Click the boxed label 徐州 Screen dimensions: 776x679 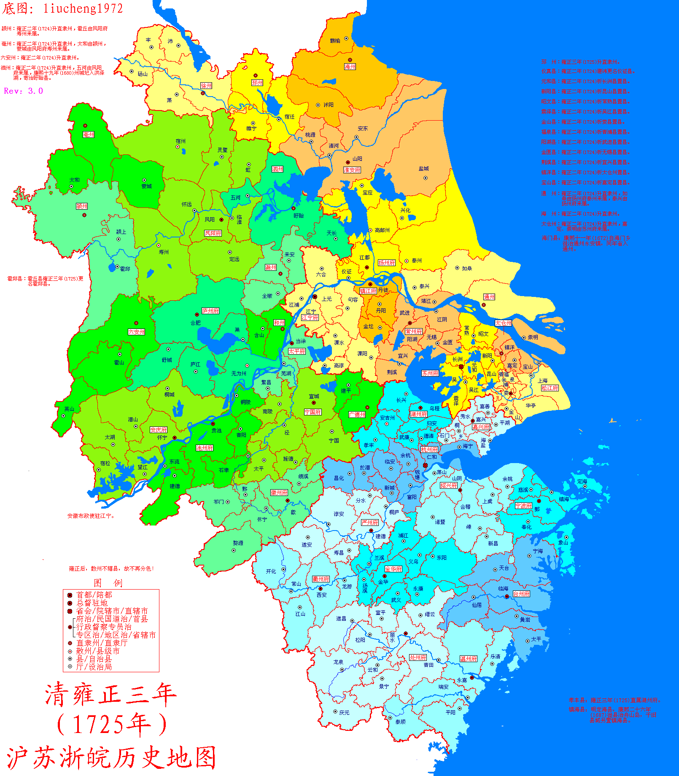tap(206, 86)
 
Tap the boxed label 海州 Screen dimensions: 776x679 tap(350, 67)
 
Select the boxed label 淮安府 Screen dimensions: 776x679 tap(352, 170)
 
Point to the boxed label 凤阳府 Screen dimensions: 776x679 tap(213, 233)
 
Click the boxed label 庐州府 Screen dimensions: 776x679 tap(210, 311)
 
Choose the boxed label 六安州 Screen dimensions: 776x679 tap(137, 332)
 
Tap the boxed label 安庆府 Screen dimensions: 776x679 tap(159, 430)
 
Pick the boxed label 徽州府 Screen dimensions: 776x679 tap(279, 493)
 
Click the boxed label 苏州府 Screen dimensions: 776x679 tap(430, 373)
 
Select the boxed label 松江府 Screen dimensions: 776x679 tap(550, 388)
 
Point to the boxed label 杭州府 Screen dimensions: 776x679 tap(429, 450)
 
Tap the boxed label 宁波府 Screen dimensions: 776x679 tap(523, 506)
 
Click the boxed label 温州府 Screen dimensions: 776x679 tap(469, 659)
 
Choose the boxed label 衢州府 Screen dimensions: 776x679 tap(321, 579)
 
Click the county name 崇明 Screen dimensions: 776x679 tap(533, 337)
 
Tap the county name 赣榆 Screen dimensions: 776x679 tap(335, 41)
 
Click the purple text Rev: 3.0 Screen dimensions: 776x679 tap(24, 91)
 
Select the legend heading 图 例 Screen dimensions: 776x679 tap(108, 583)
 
